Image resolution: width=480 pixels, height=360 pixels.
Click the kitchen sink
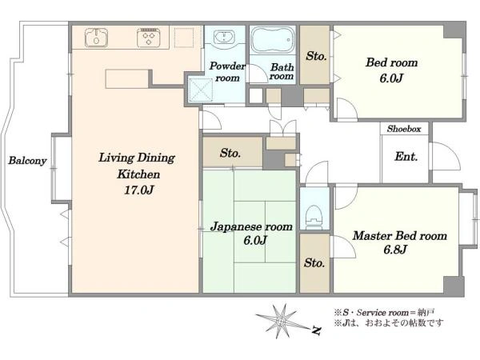coord(96,38)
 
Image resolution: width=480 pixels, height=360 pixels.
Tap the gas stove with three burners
coord(149,38)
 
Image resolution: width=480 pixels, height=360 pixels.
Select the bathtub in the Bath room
coord(273,40)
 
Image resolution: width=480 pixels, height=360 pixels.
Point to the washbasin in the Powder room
coord(224,37)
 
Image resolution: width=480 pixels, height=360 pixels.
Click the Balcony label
coord(27,161)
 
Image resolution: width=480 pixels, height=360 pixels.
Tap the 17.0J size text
coord(138,190)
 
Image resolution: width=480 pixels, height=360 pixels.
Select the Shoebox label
coord(404,129)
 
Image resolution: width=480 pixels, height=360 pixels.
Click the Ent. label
coord(406,157)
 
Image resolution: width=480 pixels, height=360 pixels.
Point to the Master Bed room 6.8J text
coord(399,242)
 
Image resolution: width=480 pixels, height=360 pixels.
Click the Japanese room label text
coord(252,227)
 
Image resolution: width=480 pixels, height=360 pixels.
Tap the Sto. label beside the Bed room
coord(316,56)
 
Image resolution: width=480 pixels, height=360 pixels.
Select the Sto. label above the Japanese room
coord(230,153)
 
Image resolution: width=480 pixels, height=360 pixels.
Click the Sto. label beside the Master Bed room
coord(314,262)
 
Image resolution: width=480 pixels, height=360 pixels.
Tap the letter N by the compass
coord(317,330)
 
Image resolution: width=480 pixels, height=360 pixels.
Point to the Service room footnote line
coord(384,313)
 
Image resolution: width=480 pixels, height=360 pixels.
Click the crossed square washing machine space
coord(201,90)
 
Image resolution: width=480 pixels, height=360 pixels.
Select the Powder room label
coord(227,72)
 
